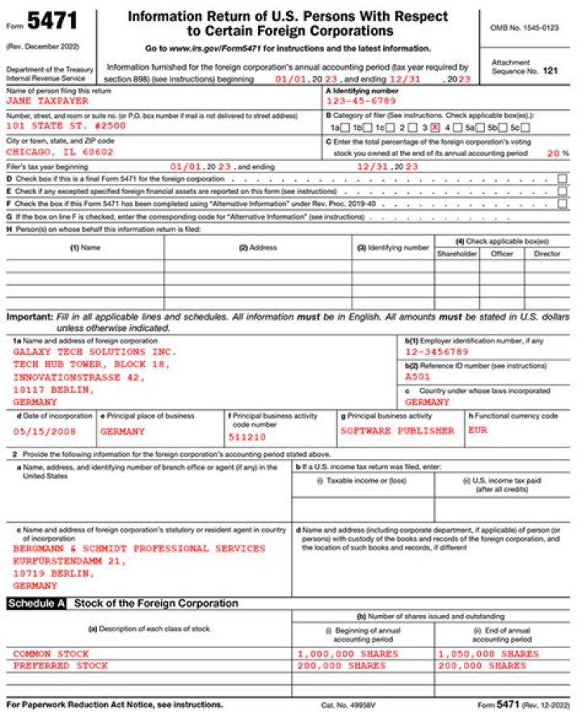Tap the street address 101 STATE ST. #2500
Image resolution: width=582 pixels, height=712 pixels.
65,128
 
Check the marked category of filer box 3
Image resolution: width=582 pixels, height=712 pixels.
435,128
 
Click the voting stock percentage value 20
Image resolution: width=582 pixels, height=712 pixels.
552,152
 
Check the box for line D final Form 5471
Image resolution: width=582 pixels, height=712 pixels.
562,179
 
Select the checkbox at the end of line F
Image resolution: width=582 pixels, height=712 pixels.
562,204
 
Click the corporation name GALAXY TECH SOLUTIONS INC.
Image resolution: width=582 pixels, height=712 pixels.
94,352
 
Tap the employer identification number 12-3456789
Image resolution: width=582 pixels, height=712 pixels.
436,352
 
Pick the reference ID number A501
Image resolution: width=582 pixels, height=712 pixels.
418,376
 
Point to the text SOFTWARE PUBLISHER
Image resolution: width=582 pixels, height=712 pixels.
397,431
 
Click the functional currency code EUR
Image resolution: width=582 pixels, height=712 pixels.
478,431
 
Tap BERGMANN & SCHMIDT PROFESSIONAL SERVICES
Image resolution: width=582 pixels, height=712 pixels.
138,548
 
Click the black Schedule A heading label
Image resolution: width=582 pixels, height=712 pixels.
36,604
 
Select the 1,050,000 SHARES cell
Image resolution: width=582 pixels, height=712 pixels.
487,653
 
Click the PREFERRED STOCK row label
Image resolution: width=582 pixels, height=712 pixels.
59,665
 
